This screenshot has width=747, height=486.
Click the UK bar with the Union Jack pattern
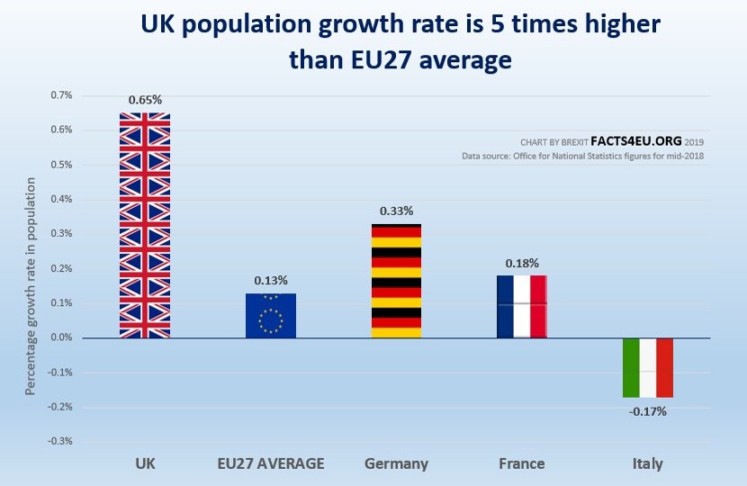145,225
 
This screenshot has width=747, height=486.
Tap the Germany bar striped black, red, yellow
396,281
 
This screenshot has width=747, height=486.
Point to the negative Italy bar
648,367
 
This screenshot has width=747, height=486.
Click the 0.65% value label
145,100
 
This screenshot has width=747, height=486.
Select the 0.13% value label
271,281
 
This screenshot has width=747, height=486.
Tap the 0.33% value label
396,211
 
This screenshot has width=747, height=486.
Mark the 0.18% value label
522,263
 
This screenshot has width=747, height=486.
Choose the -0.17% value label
648,412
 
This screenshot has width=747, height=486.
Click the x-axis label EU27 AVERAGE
271,464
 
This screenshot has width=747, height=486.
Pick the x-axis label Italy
647,464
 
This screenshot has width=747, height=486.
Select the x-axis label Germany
396,464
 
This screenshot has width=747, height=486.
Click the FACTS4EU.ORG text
634,141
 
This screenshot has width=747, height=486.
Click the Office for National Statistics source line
582,157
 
